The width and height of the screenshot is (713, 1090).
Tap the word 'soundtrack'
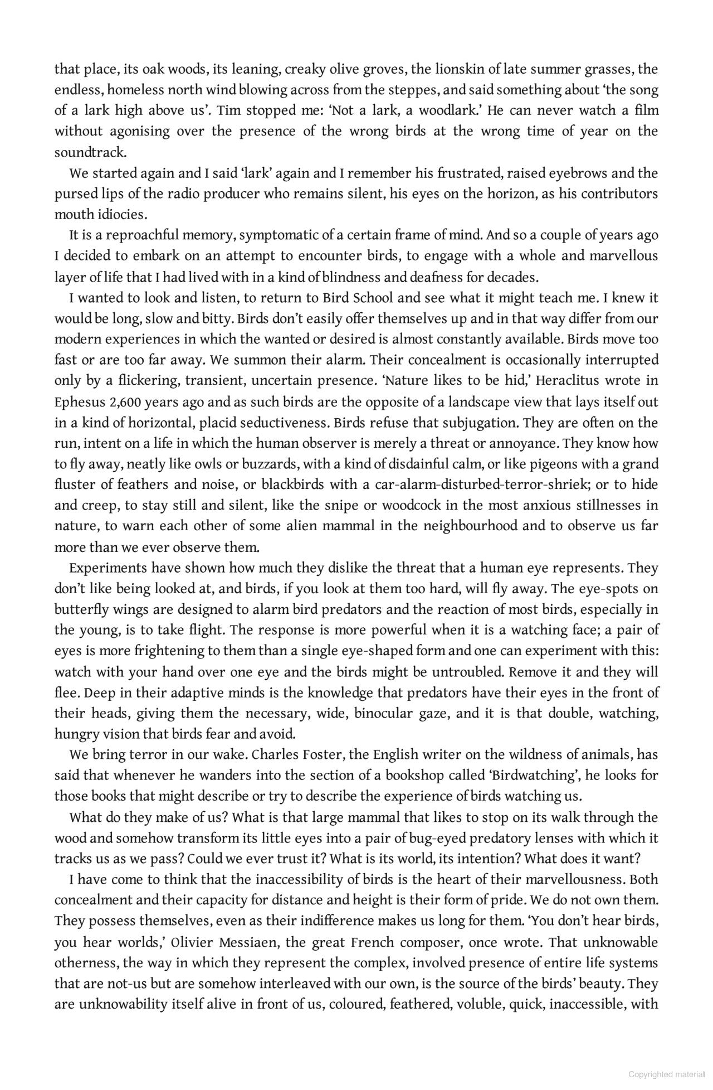[x=90, y=152]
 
